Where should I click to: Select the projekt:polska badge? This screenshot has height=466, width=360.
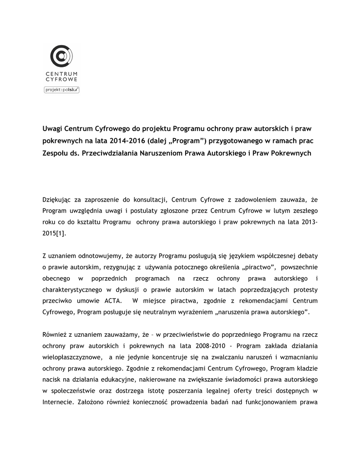[61, 90]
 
